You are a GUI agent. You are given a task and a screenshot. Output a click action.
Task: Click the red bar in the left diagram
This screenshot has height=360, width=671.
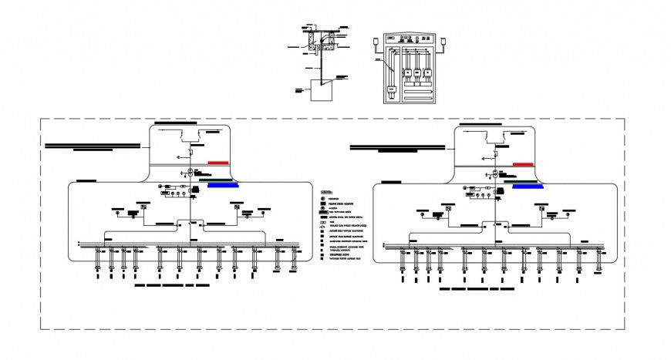tap(218, 163)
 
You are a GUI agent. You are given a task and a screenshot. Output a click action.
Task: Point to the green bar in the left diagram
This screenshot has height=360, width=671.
tap(217, 180)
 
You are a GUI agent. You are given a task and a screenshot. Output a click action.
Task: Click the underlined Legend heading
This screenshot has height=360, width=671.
tap(327, 190)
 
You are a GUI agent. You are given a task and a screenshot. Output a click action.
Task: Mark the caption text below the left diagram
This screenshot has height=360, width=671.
tap(171, 284)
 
